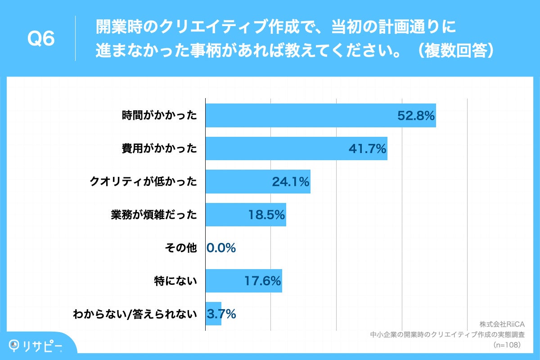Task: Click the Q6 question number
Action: tap(41, 39)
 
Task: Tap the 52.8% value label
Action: tap(415, 116)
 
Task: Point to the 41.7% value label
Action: tap(367, 148)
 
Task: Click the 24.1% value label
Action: tap(290, 182)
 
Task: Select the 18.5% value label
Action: tap(266, 215)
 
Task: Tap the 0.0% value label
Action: tap(221, 248)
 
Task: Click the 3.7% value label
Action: tap(221, 314)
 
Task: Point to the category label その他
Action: tap(182, 248)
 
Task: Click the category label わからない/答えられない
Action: tap(135, 314)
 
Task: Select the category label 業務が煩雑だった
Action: tap(154, 215)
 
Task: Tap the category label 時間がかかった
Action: tap(160, 116)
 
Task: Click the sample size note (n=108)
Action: tap(507, 345)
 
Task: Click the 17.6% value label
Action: tap(263, 281)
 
